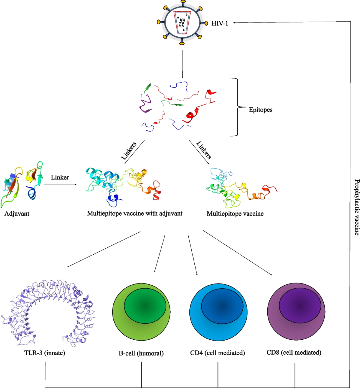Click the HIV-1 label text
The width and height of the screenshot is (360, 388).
(x=220, y=23)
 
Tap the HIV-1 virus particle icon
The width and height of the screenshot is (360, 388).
(x=182, y=23)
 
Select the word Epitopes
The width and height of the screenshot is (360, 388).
(x=260, y=110)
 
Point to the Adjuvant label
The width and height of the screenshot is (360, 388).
(x=17, y=214)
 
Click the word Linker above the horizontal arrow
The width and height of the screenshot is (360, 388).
(x=60, y=177)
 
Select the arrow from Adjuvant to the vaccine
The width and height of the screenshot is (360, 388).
(x=60, y=184)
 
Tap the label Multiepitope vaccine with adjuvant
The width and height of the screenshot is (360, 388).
(x=135, y=213)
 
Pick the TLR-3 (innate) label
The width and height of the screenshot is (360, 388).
(x=45, y=353)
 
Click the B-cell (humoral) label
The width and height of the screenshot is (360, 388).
(x=141, y=353)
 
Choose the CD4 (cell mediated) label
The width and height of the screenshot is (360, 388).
(x=217, y=353)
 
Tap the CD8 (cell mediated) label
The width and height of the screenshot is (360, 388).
(x=294, y=352)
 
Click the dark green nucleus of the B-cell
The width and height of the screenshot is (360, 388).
(x=145, y=306)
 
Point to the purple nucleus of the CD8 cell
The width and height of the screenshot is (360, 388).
(x=300, y=306)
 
